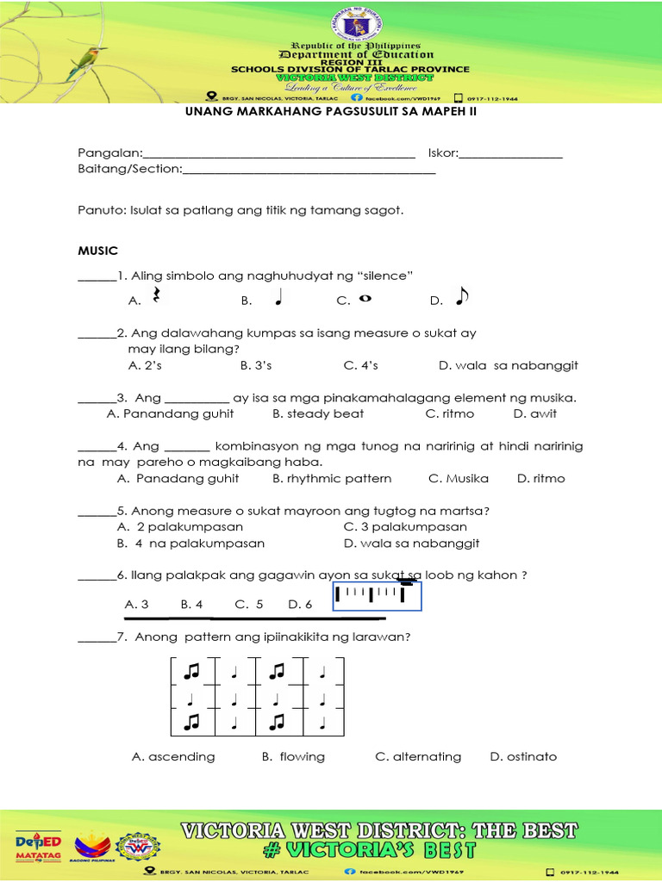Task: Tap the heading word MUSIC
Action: pos(97,250)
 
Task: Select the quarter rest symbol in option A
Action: pos(157,296)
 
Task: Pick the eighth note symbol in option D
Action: pos(461,296)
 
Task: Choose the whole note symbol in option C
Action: pos(365,298)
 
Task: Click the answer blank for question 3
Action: pos(97,398)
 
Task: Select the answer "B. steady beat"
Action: pos(318,413)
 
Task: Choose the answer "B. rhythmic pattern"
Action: pos(332,478)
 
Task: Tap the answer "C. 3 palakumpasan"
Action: pos(405,526)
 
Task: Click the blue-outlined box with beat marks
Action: pos(377,595)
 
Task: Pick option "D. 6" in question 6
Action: pos(300,604)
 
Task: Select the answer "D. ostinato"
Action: pos(523,756)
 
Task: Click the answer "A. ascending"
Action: pos(173,756)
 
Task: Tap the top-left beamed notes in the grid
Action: pos(191,669)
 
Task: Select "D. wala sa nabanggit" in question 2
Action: pos(508,365)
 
